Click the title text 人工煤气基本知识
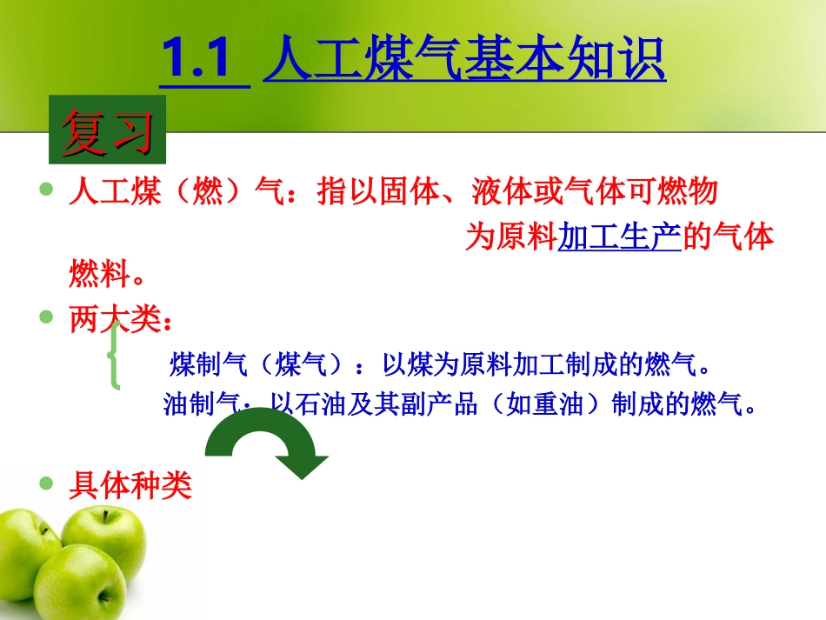464,59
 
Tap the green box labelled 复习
107,134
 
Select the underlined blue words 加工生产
618,237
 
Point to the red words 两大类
116,320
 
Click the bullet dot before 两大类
47,318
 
